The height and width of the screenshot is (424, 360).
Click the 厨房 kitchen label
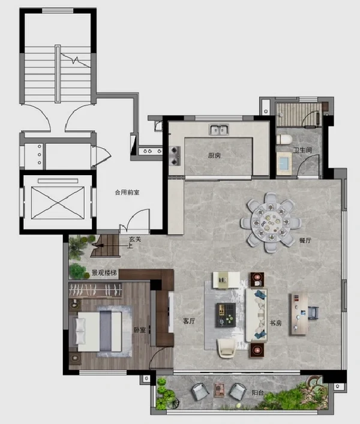click(214, 155)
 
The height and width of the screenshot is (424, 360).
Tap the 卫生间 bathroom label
click(302, 150)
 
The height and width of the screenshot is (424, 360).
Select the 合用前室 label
click(127, 193)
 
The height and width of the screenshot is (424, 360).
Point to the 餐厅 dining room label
click(305, 240)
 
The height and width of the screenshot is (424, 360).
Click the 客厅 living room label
click(189, 321)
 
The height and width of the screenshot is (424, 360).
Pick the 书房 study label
click(275, 323)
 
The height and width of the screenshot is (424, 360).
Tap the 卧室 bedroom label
click(140, 330)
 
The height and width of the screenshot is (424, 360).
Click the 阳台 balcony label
click(257, 393)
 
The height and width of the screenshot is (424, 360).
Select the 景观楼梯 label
click(104, 273)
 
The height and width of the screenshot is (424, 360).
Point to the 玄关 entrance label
click(134, 239)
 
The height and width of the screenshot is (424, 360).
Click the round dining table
click(271, 222)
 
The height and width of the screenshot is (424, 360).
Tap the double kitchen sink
click(219, 130)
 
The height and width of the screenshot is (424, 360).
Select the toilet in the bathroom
click(284, 140)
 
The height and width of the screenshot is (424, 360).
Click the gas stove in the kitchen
click(175, 156)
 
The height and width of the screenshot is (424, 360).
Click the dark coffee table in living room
click(226, 315)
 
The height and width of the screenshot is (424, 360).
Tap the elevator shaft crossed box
click(58, 203)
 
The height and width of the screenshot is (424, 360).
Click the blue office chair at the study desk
click(313, 313)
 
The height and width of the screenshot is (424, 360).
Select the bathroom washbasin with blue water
click(284, 163)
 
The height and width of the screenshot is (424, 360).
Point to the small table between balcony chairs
click(219, 390)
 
